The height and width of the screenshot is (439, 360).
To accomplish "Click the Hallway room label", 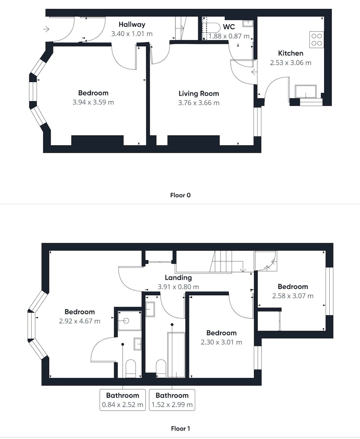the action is click(x=132, y=25).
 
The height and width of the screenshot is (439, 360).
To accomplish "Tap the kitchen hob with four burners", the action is click(x=317, y=39).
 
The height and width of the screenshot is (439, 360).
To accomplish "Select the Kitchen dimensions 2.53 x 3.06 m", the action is click(x=291, y=63).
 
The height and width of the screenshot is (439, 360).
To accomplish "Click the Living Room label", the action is click(x=199, y=94).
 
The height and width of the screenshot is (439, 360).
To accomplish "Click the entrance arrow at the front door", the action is click(x=46, y=29).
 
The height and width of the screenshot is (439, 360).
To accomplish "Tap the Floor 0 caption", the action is click(x=180, y=195).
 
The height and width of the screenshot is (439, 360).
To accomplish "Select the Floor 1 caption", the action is click(x=180, y=428).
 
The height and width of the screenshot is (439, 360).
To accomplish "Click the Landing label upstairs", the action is click(x=178, y=277).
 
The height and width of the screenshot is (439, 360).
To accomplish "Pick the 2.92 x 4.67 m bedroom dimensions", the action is click(x=79, y=321).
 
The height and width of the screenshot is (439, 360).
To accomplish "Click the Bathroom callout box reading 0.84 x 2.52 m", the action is click(x=122, y=400).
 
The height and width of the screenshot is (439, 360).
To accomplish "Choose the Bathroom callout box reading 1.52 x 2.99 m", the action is click(x=172, y=400).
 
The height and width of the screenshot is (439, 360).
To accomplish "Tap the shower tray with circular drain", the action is click(x=130, y=320).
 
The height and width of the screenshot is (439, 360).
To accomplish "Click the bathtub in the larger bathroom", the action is click(x=176, y=355).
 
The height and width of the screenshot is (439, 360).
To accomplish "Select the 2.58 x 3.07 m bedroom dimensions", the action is click(x=293, y=296).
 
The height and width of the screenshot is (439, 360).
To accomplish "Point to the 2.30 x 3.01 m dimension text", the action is click(x=221, y=342).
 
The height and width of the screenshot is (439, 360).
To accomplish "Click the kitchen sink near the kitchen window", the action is click(x=306, y=91).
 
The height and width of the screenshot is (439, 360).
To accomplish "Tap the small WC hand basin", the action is click(x=248, y=23).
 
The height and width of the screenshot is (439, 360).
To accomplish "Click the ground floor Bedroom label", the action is click(x=93, y=93).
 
